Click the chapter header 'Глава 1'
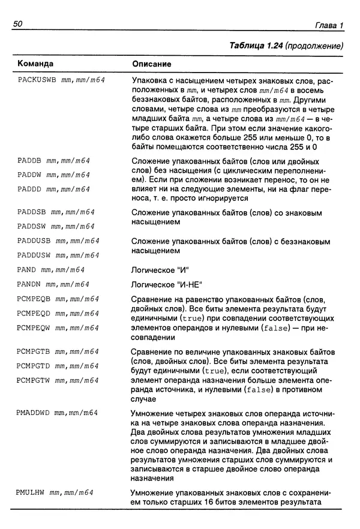click(329, 25)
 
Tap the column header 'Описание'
click(151, 64)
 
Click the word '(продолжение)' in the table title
click(314, 45)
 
